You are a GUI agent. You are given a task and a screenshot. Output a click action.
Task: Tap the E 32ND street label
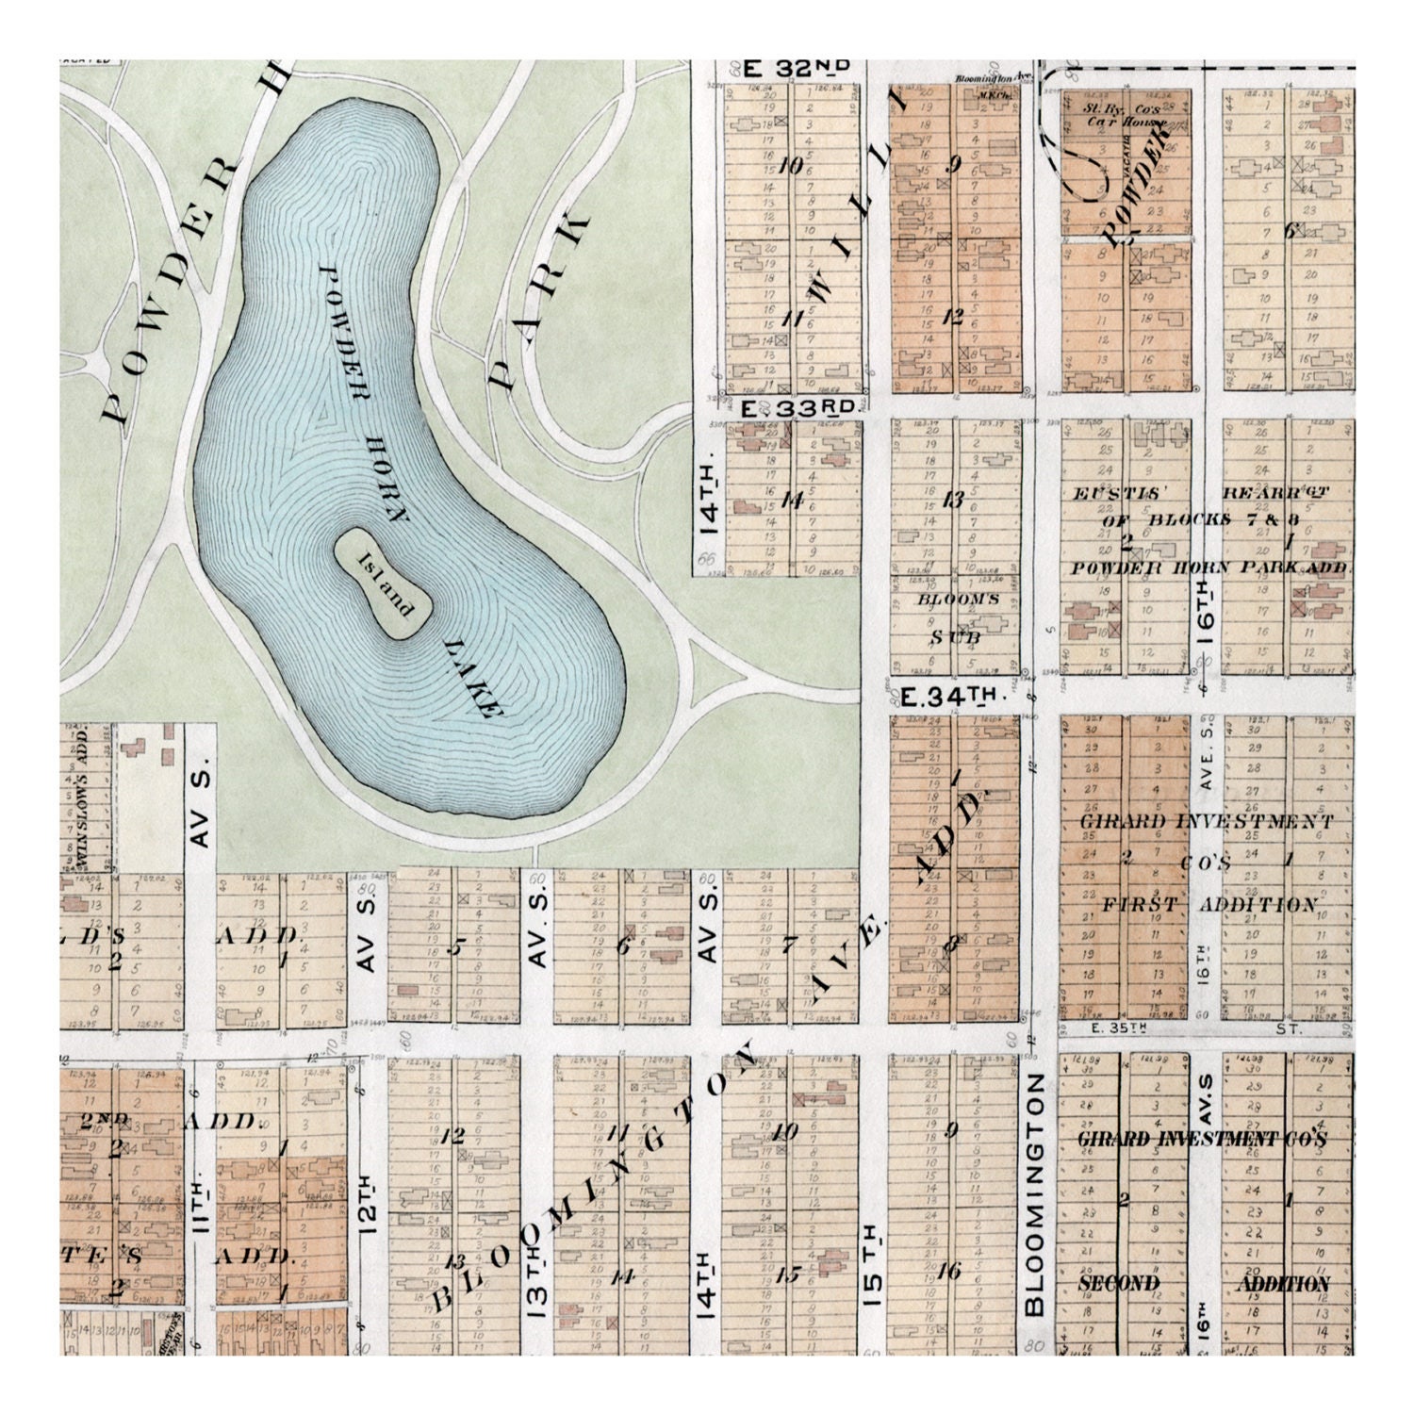pos(797,68)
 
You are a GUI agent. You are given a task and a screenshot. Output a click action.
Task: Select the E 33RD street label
pos(797,408)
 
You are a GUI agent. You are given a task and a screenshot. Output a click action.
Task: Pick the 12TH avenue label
pos(368,1203)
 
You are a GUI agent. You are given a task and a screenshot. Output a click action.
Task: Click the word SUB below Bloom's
pos(955,637)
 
